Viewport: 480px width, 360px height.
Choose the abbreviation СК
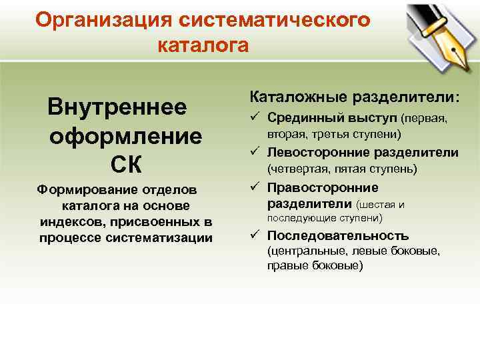pos(125,164)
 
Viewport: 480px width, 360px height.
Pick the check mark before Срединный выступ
pos(255,118)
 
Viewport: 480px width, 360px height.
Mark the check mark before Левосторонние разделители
pos(255,153)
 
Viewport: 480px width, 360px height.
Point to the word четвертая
pos(303,169)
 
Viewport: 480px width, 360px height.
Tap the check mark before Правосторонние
pos(255,187)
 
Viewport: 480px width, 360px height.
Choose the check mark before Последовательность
pos(255,236)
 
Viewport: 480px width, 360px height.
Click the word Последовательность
pos(338,236)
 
